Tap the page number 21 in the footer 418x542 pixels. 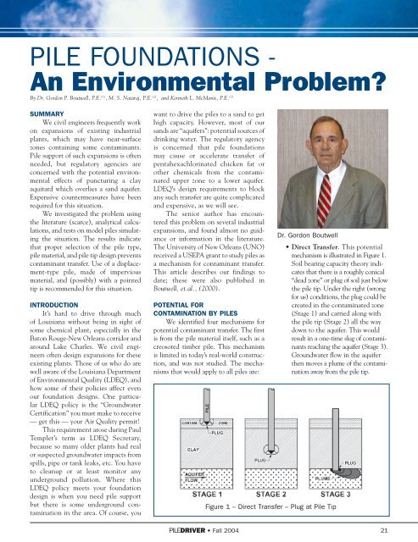384,532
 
